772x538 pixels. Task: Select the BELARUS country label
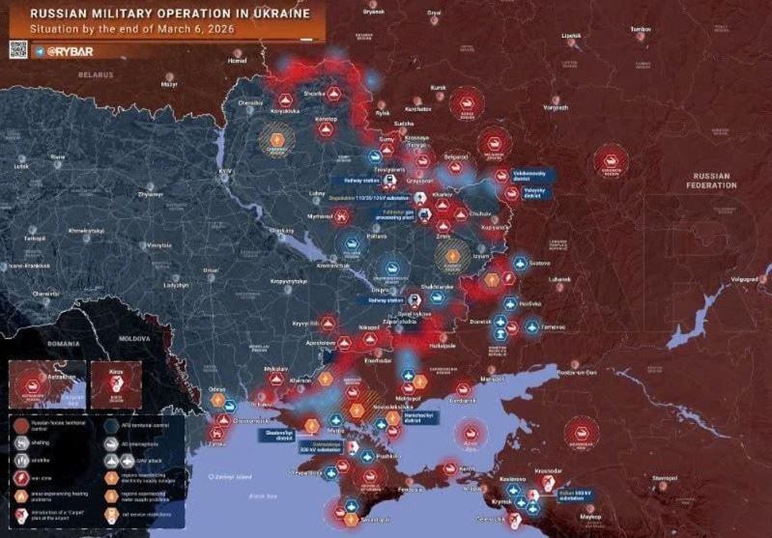pos(96,74)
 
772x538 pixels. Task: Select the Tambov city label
pos(641,30)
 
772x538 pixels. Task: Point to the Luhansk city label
pos(560,279)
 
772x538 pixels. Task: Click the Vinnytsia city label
pos(158,245)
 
